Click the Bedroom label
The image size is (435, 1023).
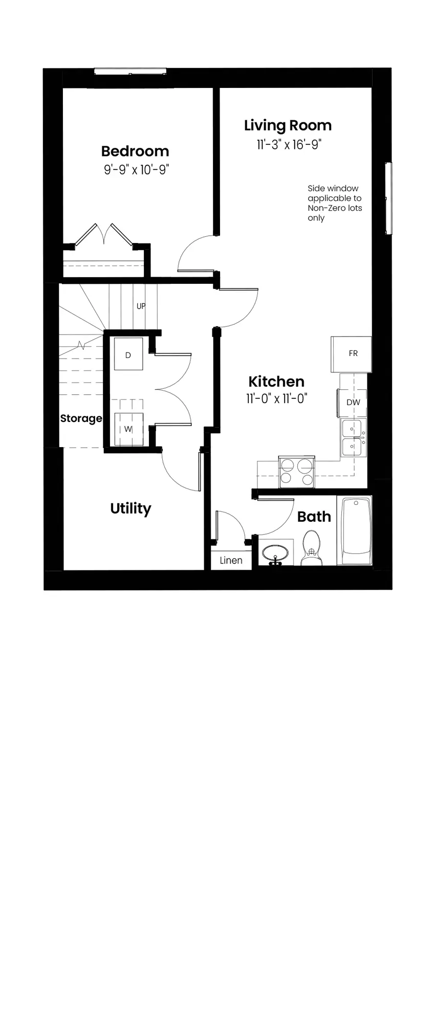point(135,151)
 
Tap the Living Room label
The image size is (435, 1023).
point(288,126)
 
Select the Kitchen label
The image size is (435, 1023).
point(276,382)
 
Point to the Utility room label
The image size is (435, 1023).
point(130,509)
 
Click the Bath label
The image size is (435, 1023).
point(314,517)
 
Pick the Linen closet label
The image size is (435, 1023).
point(231,561)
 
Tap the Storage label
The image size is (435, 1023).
point(81,418)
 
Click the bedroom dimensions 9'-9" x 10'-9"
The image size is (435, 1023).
point(136,170)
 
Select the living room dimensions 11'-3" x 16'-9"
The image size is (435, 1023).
point(289,145)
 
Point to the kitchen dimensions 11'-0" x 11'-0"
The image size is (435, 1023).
point(276,398)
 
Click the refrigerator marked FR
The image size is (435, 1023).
point(352,354)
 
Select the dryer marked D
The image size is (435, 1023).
point(128,354)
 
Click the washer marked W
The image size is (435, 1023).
point(128,429)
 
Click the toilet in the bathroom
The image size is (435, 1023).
point(311,548)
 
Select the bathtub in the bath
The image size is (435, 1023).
point(356,531)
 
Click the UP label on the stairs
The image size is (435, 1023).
point(141,306)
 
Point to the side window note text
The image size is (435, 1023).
point(335,203)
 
